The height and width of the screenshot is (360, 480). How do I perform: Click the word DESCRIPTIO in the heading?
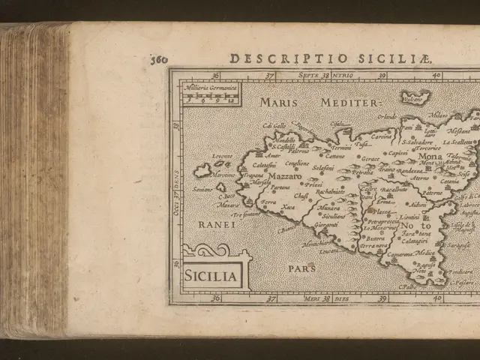click(x=262, y=58)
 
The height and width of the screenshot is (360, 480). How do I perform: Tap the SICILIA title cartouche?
click(x=211, y=276)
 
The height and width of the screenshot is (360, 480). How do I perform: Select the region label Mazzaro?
click(x=283, y=156)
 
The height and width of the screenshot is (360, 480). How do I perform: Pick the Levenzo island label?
click(x=222, y=156)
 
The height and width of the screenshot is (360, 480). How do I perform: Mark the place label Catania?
click(x=450, y=181)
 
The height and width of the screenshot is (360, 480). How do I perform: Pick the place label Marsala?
click(x=259, y=182)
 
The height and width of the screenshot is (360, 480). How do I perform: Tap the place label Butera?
click(x=375, y=238)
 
